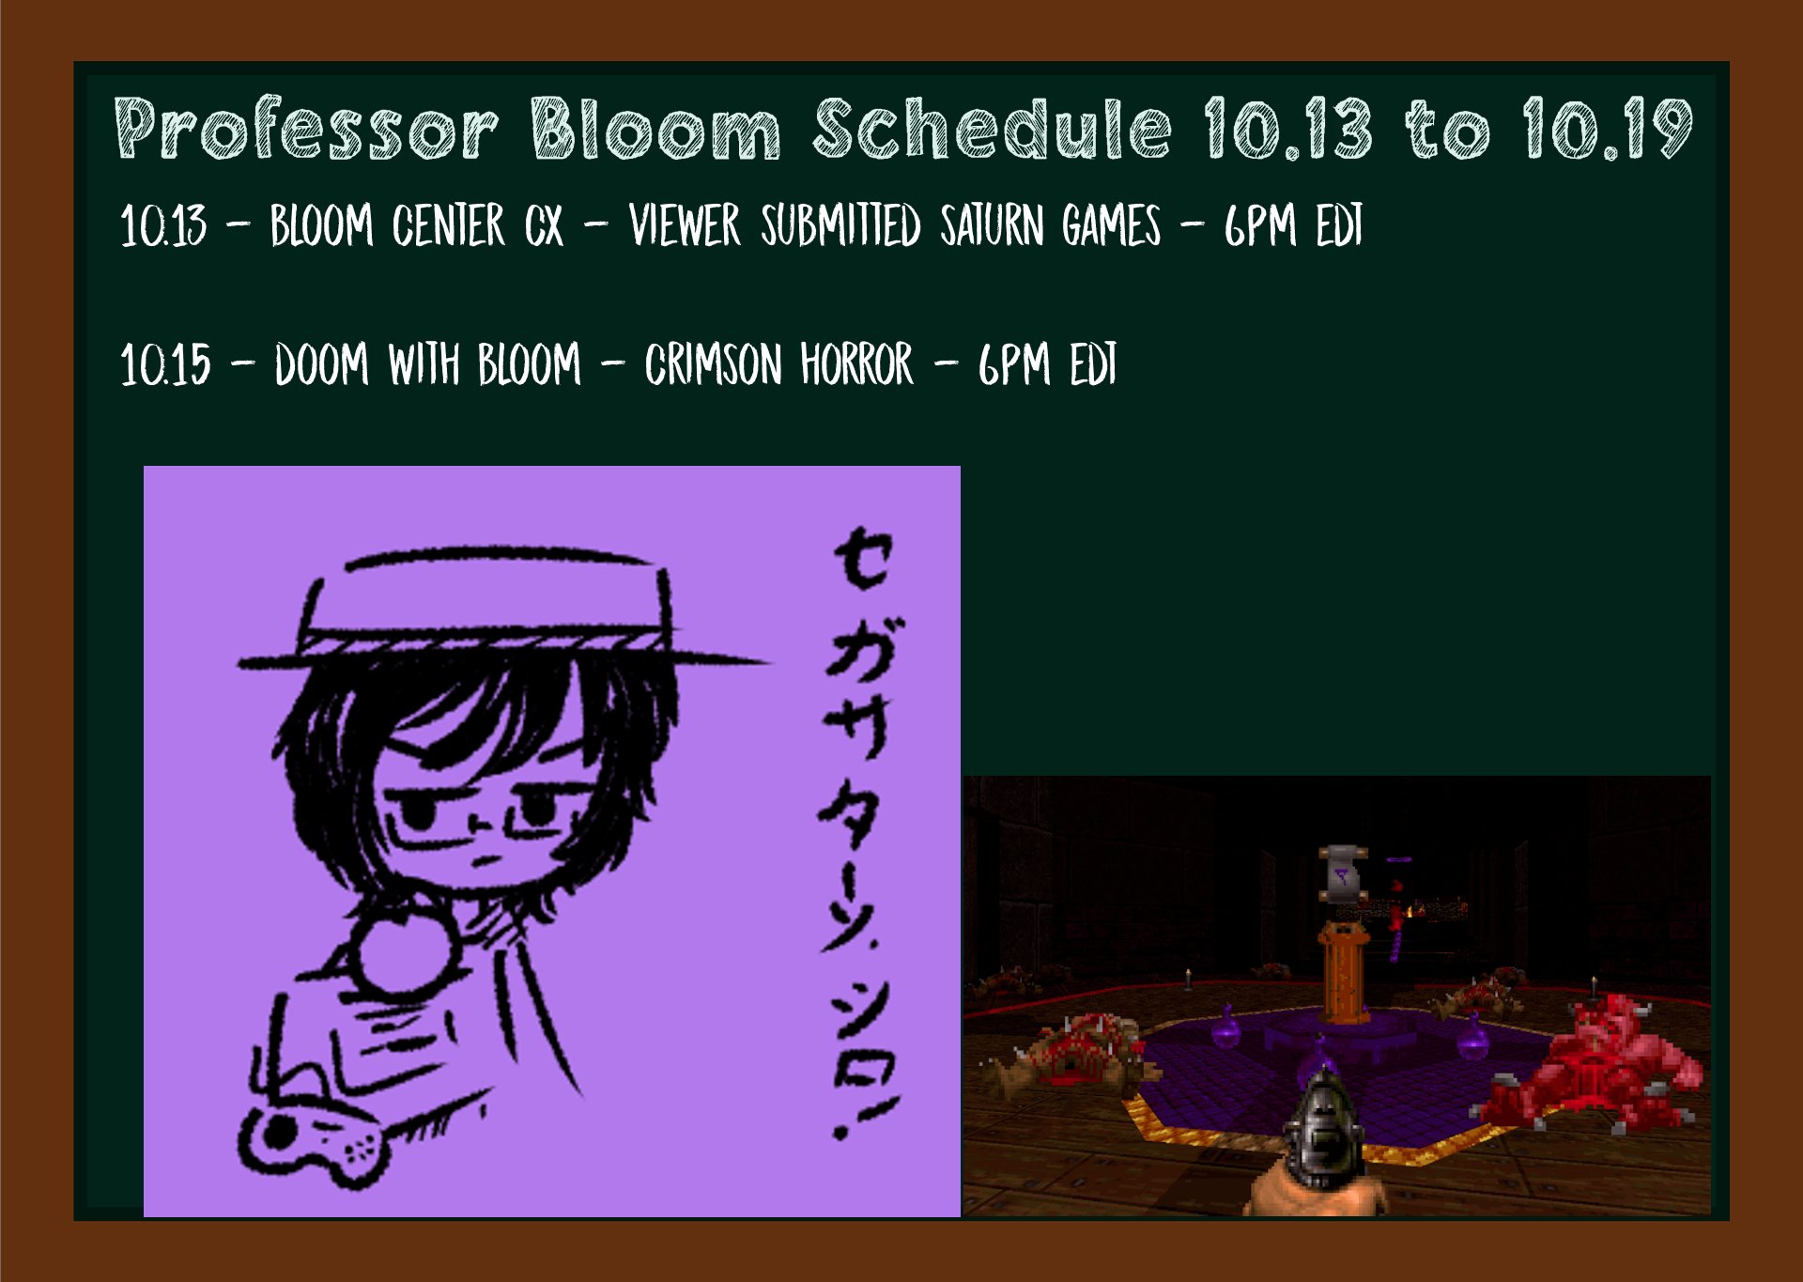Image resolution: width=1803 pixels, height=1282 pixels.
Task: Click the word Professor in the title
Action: (x=306, y=129)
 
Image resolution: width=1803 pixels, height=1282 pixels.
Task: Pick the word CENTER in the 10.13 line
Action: (x=449, y=225)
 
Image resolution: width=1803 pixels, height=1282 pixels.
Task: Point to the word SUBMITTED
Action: (x=840, y=225)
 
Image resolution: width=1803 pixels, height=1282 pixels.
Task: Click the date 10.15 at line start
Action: (x=166, y=364)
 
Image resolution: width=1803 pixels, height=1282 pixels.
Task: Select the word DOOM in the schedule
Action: (x=322, y=364)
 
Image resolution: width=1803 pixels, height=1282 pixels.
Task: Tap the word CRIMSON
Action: (x=713, y=364)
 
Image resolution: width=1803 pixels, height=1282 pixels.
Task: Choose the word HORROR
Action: (x=856, y=364)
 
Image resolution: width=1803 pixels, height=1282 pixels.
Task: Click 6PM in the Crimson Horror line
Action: (x=1013, y=364)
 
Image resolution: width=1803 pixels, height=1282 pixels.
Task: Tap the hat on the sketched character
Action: (x=498, y=610)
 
